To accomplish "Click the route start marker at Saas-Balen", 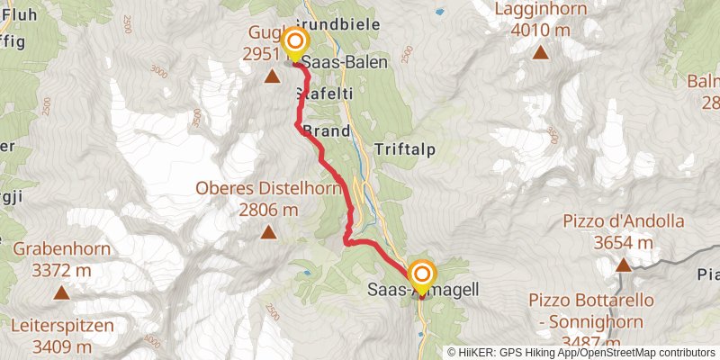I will pos(294,42).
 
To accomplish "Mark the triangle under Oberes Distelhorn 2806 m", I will pos(268,233).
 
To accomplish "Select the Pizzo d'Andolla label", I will pos(624,229).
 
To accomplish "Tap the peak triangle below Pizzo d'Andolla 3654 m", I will pos(623,265).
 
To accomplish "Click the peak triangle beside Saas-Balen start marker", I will pos(272,77).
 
